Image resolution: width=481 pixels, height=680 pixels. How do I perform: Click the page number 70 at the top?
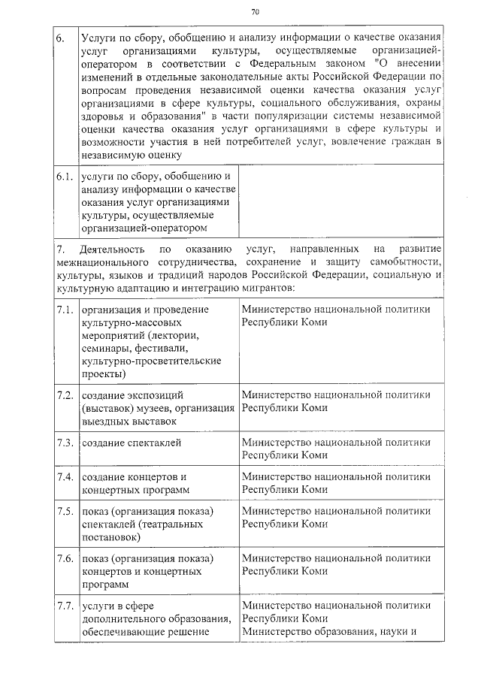tap(255, 12)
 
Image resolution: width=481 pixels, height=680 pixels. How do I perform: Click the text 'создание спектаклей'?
tap(132, 443)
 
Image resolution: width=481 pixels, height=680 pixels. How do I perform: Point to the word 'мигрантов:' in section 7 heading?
tap(273, 288)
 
